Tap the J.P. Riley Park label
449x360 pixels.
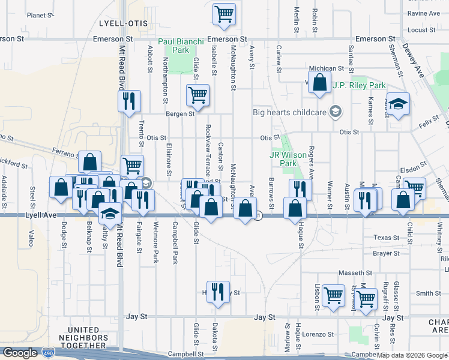tap(359, 85)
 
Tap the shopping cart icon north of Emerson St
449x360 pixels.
tap(224, 13)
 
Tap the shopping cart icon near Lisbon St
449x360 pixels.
tap(333, 295)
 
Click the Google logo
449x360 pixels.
tap(20, 353)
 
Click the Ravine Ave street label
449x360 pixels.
tap(424, 13)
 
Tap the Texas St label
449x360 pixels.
tap(385, 238)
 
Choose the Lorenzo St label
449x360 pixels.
tap(318, 334)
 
